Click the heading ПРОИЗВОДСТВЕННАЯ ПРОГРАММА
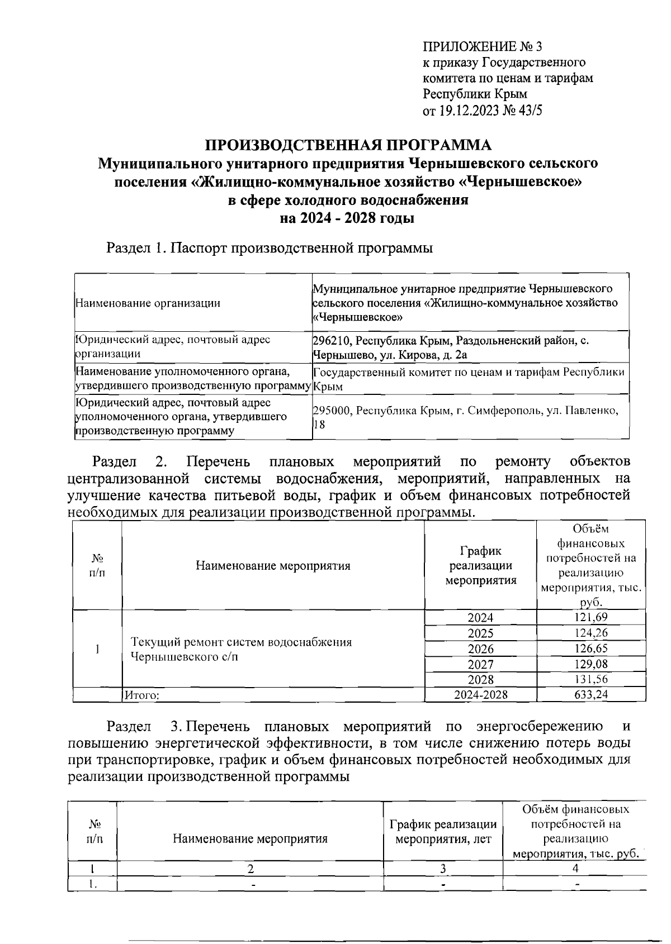pos(348,145)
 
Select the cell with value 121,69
pos(591,617)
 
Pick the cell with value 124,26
pos(591,633)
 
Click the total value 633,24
pos(591,694)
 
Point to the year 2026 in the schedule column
pos(480,649)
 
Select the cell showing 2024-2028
pos(480,694)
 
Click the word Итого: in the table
pos(142,695)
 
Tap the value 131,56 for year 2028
pos(591,679)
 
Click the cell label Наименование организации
pos(148,303)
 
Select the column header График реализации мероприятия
pos(480,565)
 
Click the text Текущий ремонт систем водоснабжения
pos(241,642)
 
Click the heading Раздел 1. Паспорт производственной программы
pos(270,247)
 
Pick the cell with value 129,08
pos(591,664)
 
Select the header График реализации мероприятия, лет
pos(443,831)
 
